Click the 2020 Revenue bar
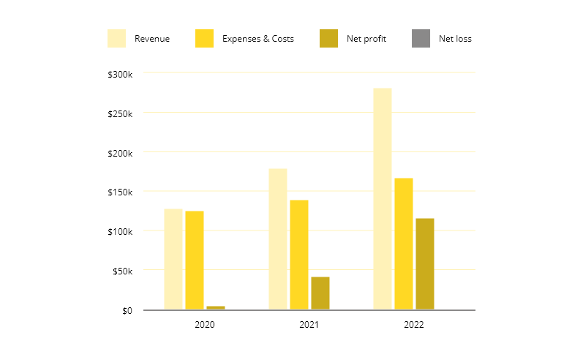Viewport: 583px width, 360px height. (173, 259)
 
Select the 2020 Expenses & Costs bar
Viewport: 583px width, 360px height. (195, 260)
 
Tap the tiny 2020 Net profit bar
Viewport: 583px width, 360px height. (216, 307)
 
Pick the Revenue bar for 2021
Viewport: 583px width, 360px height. (278, 239)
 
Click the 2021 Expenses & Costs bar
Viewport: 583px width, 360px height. (299, 255)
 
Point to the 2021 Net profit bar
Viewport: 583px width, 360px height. (320, 293)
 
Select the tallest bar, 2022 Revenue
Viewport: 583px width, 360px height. (383, 198)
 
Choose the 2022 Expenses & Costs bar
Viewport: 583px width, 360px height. (404, 244)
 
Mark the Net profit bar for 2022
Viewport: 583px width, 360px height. (425, 263)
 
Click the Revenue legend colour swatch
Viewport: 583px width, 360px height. (117, 39)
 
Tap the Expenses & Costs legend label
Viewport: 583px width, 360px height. (258, 39)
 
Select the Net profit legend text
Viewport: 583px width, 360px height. (366, 39)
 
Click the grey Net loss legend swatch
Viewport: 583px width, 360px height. (421, 39)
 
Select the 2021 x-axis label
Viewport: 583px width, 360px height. (309, 324)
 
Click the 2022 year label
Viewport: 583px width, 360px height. (414, 324)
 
